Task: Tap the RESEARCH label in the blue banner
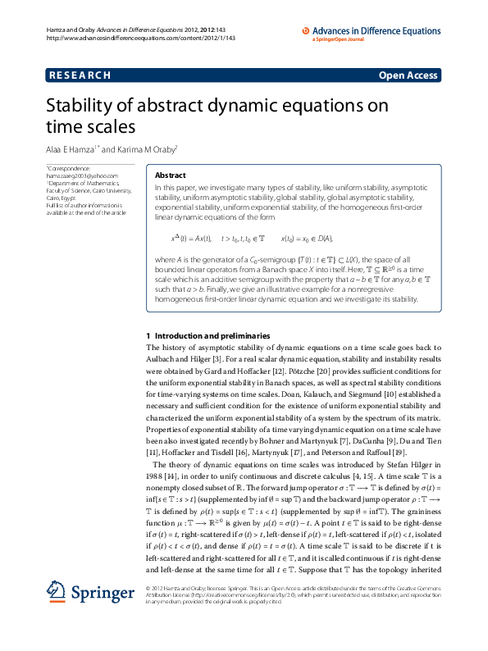(80, 75)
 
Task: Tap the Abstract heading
(171, 175)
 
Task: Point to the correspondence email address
(82, 176)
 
